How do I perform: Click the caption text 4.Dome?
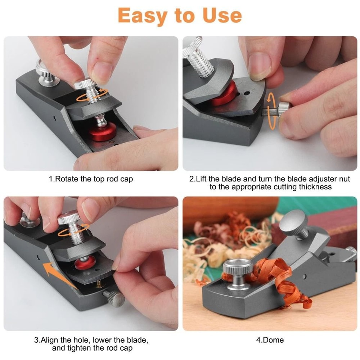point(270,340)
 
